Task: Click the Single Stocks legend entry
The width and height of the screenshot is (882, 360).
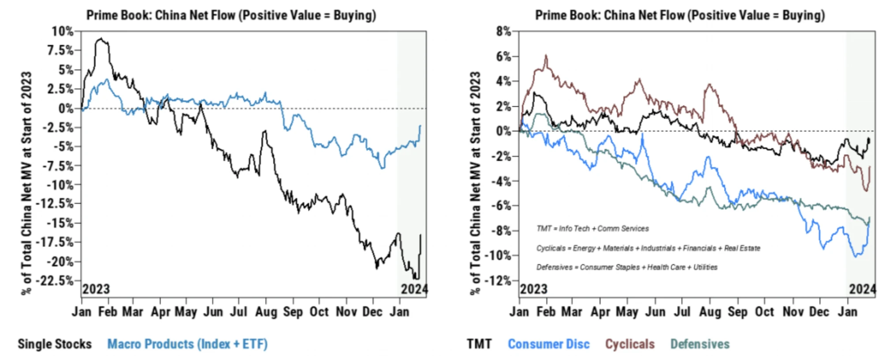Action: point(55,344)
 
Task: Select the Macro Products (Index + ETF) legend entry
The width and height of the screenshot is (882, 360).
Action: point(187,344)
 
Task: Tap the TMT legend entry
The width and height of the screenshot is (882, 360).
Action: point(479,344)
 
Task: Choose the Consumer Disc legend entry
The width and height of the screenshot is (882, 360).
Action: point(548,344)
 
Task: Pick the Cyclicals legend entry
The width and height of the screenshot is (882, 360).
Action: point(630,344)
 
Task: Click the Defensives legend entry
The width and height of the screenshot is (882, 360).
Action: point(700,344)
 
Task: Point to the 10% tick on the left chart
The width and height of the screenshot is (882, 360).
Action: point(63,31)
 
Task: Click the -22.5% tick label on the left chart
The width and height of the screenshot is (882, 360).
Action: point(55,281)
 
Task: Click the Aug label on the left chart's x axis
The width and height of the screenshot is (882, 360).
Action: point(266,312)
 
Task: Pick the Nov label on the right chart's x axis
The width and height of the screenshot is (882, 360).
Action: point(793,312)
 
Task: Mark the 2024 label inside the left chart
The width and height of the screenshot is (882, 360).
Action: point(414,289)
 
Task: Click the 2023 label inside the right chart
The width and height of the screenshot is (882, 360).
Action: point(533,289)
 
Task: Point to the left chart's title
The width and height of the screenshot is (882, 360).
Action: point(231,15)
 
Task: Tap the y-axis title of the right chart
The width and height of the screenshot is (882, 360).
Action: point(475,183)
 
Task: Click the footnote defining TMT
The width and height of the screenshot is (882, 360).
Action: point(593,229)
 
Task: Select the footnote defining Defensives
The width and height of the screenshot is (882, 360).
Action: point(627,267)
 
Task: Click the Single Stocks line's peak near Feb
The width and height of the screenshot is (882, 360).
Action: point(101,39)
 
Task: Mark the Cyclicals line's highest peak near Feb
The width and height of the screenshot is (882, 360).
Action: point(546,56)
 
